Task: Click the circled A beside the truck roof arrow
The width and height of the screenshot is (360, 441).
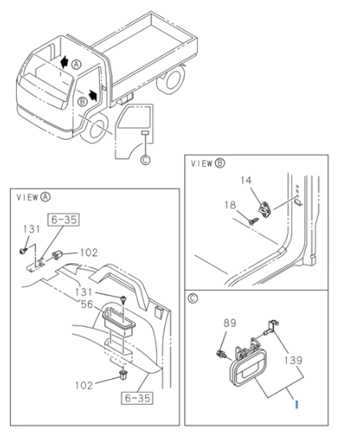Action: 77,65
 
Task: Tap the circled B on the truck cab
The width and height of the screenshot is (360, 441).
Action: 82,101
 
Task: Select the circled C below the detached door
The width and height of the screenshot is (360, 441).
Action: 145,160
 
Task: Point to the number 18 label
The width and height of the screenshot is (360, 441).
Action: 230,205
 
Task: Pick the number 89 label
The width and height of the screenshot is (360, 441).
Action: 229,323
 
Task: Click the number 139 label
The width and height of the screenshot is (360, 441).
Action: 294,360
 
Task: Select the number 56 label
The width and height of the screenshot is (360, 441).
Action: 87,304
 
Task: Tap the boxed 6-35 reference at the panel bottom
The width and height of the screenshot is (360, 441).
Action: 137,398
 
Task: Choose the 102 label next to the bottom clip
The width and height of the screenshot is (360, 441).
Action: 83,385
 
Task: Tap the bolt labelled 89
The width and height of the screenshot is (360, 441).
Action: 221,354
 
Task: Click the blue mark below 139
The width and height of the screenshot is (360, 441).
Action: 297,404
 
